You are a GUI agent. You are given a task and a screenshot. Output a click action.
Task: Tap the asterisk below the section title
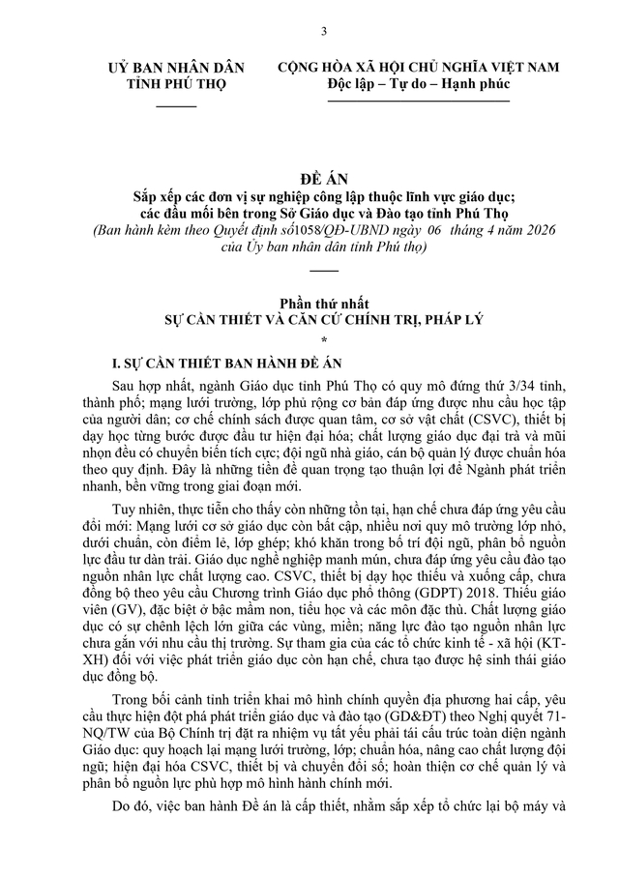tap(324, 337)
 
